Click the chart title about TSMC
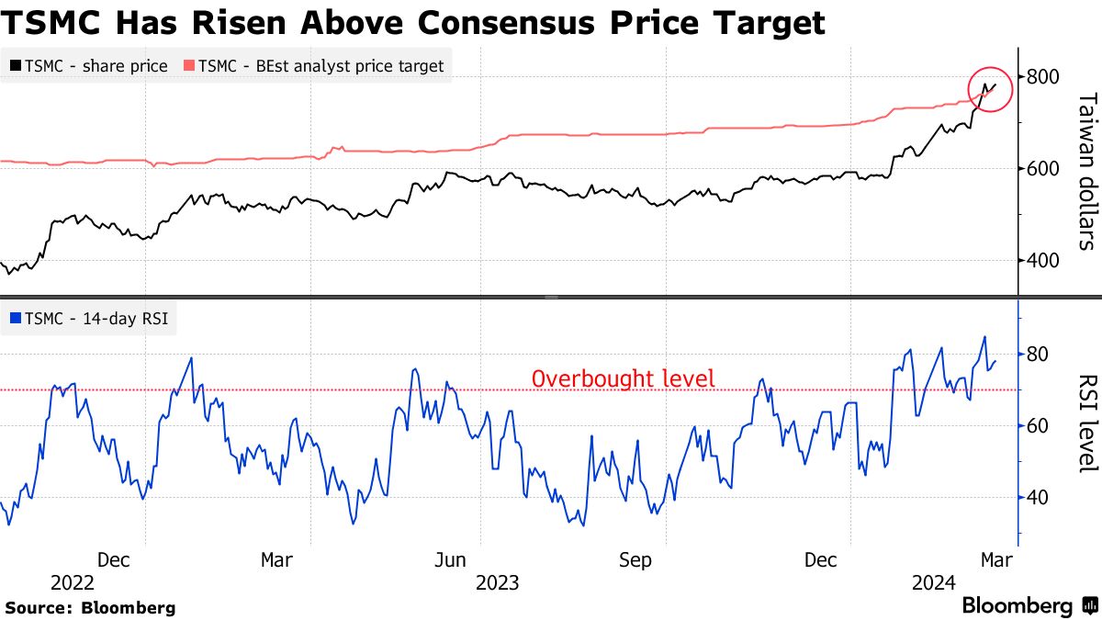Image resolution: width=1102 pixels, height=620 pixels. point(413,22)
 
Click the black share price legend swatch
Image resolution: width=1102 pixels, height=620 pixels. point(16,65)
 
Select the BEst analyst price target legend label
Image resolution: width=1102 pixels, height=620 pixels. point(321,65)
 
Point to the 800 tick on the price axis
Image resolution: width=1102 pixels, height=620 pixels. point(1042,77)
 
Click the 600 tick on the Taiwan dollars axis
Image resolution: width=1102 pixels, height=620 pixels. point(1042,169)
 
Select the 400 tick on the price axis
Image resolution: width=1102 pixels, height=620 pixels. point(1042,261)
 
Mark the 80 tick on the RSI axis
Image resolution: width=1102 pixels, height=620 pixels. point(1038,355)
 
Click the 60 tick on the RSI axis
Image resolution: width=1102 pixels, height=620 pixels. point(1038,426)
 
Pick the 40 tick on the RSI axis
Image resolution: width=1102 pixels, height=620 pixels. point(1038,498)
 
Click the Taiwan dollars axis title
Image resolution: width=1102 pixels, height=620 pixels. point(1087,171)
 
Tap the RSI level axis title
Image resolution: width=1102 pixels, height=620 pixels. point(1087,423)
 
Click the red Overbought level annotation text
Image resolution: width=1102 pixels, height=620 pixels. point(623,378)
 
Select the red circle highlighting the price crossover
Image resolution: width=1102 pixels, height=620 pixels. point(989,88)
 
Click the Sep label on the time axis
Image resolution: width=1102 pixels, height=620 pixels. point(635,559)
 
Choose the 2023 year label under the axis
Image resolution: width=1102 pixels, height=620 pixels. point(497,582)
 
